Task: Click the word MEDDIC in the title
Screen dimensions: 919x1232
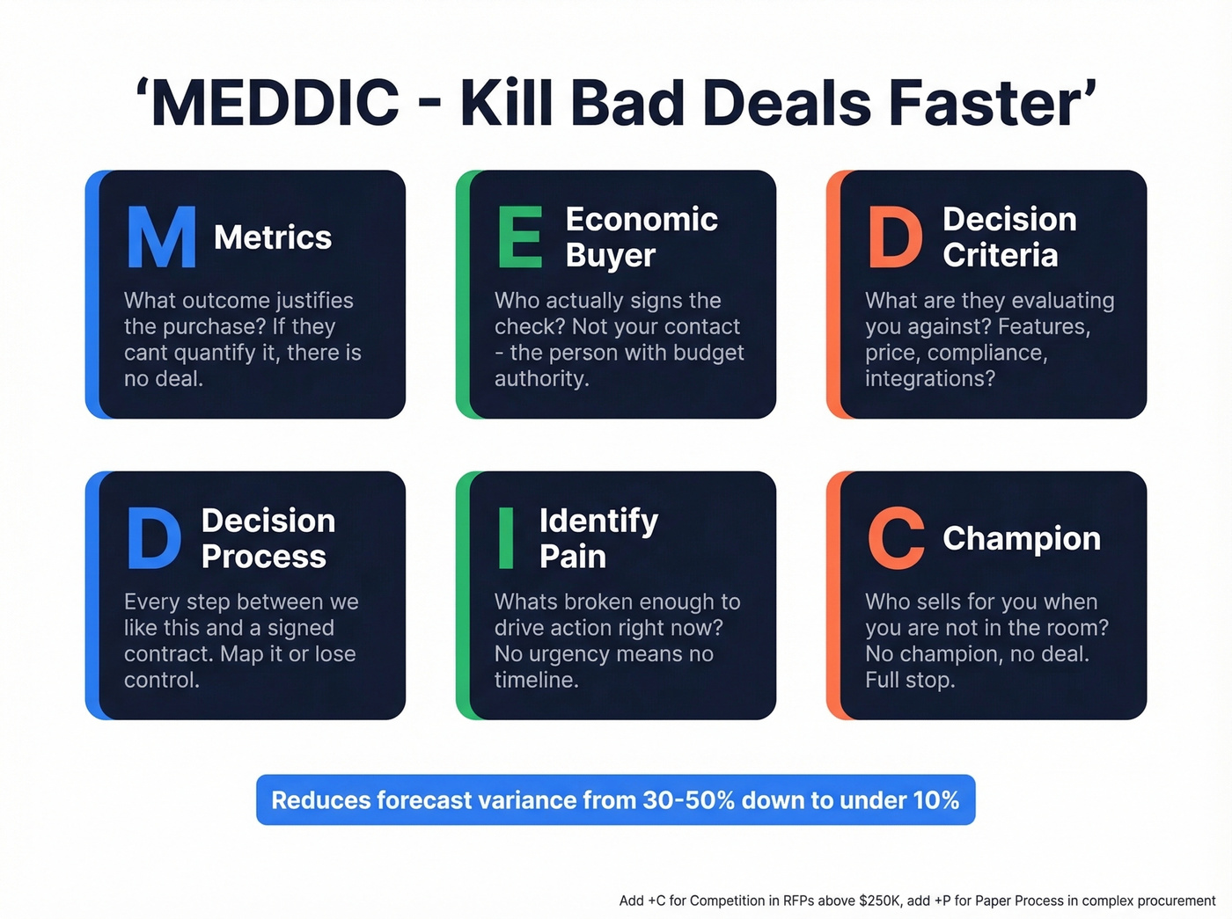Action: click(x=275, y=103)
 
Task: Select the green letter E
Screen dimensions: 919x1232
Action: click(x=520, y=237)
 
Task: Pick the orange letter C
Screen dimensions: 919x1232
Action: click(x=896, y=538)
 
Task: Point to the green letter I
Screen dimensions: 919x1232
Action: click(x=506, y=538)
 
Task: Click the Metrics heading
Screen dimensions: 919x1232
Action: click(x=273, y=237)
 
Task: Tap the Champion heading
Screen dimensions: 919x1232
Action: click(x=1022, y=538)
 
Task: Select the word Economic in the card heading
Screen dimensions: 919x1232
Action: click(x=642, y=219)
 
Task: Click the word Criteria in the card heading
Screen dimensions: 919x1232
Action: click(x=1001, y=255)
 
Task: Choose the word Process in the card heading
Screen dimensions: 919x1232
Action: click(x=264, y=557)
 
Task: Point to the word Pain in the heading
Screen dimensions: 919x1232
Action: click(x=573, y=557)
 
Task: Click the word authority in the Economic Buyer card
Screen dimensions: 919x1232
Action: click(x=540, y=379)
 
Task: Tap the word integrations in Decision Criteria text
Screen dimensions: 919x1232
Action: click(x=928, y=379)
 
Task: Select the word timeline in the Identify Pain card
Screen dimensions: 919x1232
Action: click(x=535, y=680)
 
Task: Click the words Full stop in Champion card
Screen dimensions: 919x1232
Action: click(x=909, y=680)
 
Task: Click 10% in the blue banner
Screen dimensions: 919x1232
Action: click(x=935, y=800)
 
